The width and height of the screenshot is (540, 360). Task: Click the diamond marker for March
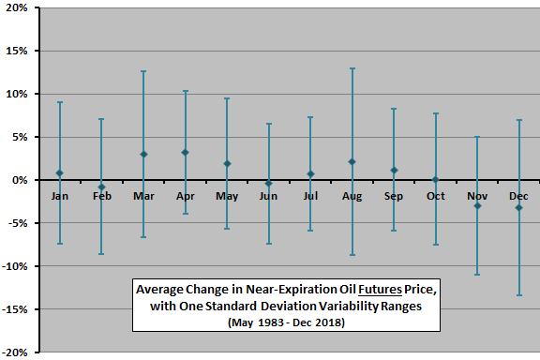click(x=143, y=154)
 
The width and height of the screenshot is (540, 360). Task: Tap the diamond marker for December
click(x=519, y=207)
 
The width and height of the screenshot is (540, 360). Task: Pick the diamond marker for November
click(x=478, y=205)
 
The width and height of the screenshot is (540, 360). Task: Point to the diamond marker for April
click(x=186, y=152)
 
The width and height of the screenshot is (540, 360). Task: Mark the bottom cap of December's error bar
click(x=519, y=295)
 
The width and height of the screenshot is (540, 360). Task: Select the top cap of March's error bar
click(x=143, y=71)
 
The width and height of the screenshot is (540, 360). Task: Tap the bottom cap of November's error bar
click(x=478, y=275)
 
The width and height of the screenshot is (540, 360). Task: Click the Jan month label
click(x=60, y=196)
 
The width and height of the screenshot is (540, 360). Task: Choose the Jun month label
click(x=269, y=196)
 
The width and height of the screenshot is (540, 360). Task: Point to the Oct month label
click(x=436, y=196)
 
